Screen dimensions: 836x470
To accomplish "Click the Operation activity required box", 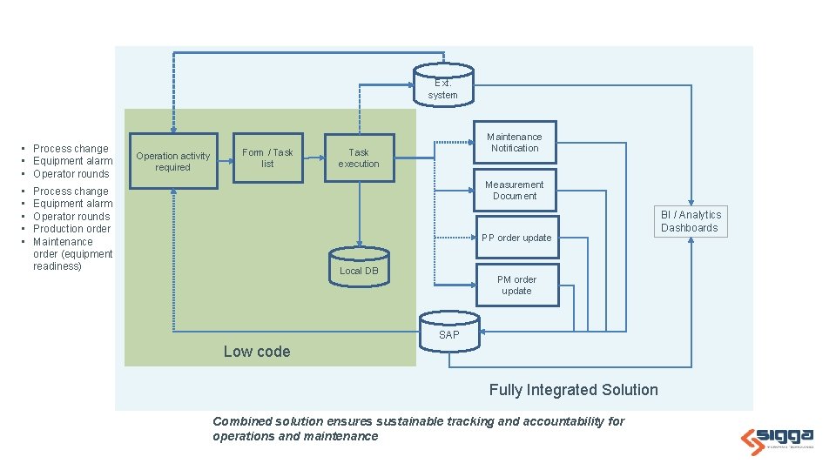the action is click(173, 161).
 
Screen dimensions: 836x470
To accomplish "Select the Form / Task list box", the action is click(267, 158).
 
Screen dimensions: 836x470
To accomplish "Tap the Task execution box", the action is click(360, 158).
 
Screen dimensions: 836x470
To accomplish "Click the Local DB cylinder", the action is click(359, 267).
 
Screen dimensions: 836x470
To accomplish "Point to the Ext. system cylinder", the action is click(443, 85).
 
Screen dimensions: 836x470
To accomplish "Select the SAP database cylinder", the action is click(449, 332).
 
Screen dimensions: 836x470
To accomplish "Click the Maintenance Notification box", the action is click(515, 142).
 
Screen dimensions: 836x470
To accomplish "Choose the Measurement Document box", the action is click(515, 191).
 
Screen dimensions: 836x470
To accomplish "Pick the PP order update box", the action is click(517, 237).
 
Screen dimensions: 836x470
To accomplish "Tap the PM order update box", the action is click(517, 285).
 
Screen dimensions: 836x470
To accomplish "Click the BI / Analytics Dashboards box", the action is click(691, 221).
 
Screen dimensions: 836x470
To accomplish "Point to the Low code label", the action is click(257, 352).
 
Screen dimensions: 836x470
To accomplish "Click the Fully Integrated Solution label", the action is click(574, 390).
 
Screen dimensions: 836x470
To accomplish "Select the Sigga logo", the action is click(777, 440).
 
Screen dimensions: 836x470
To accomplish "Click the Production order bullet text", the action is click(72, 229).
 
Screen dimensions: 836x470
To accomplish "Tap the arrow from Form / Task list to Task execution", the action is click(314, 158).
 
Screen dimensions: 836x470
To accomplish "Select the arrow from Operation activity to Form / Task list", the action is click(226, 161).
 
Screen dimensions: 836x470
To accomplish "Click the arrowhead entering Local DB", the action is click(360, 244).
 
